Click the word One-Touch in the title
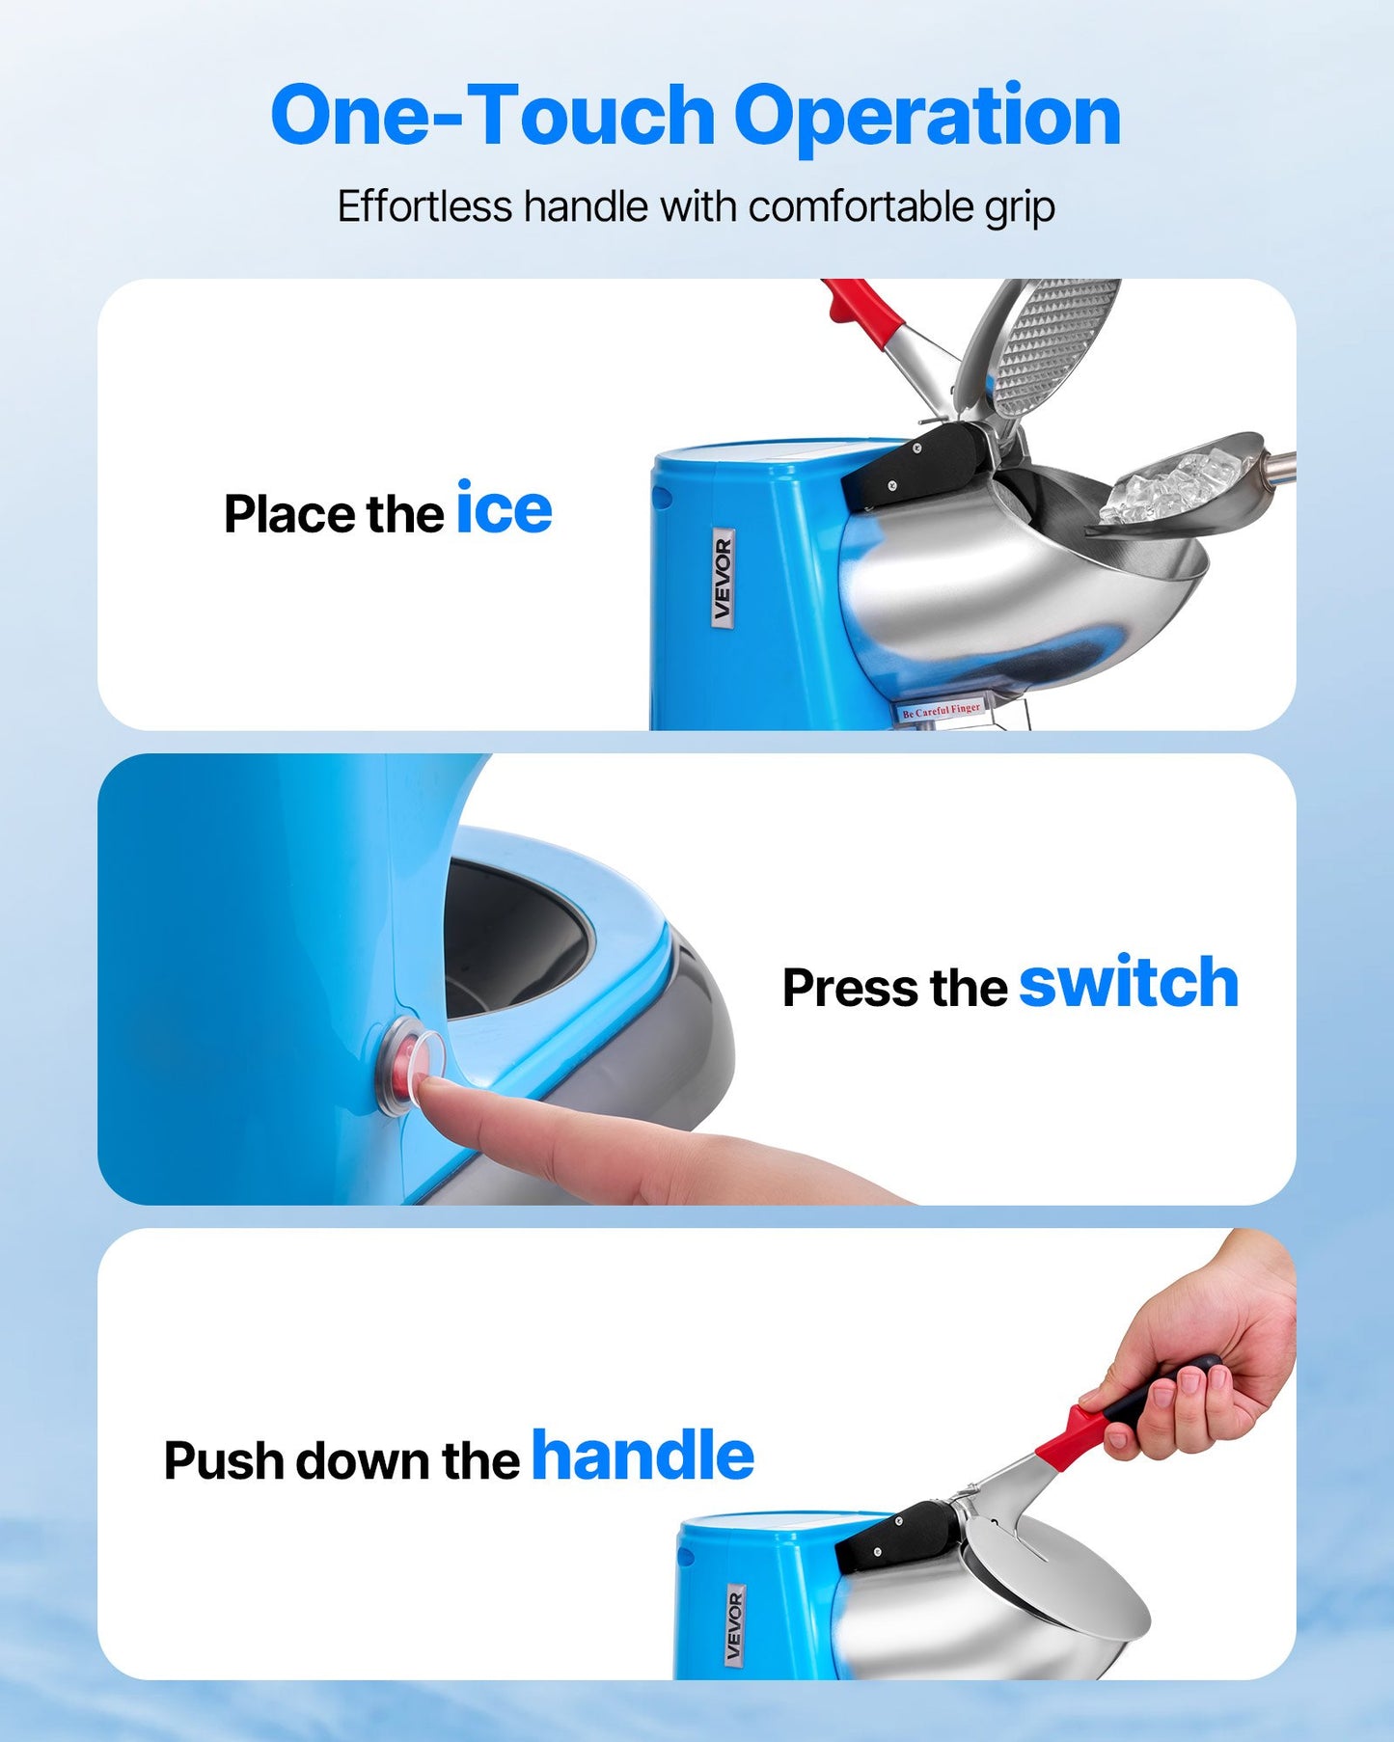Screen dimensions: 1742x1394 pos(492,116)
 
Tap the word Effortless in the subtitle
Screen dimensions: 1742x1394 pos(424,206)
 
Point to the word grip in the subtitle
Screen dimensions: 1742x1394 pos(1019,208)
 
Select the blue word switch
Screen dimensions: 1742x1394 pos(1128,983)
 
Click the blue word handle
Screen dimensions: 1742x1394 pos(642,1456)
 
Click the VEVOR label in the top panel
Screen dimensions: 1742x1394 pos(723,579)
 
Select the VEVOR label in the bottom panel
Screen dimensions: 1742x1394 pos(735,1626)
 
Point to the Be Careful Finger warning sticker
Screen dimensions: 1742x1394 pos(941,710)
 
